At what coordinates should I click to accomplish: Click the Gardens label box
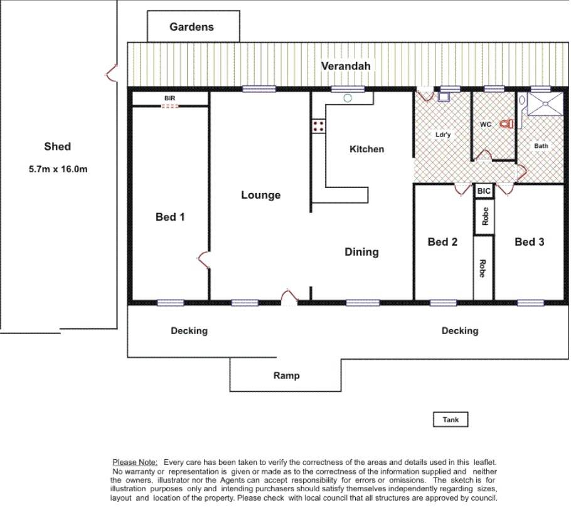click(193, 26)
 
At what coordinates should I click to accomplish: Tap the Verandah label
click(346, 66)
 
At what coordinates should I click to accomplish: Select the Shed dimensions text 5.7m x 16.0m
click(58, 169)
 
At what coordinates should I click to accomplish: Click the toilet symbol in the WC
click(506, 124)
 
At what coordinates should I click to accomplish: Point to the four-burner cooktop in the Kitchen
click(318, 126)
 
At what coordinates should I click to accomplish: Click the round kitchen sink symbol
click(348, 98)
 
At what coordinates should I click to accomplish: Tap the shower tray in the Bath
click(545, 104)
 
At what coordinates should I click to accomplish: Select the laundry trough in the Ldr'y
click(444, 97)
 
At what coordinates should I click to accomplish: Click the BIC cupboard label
click(484, 191)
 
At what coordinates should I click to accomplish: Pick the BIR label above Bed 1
click(169, 98)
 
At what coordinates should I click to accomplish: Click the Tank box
click(451, 420)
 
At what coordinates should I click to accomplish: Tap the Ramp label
click(287, 375)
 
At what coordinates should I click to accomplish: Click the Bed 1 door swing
click(203, 260)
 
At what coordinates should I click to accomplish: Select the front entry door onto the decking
click(289, 296)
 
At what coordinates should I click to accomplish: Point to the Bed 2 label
click(442, 242)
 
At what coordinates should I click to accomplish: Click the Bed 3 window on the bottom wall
click(531, 303)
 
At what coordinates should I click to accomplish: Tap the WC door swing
click(484, 155)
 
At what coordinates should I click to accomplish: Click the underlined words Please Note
click(135, 462)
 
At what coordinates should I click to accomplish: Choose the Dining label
click(361, 252)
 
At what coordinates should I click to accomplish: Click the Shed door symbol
click(112, 73)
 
